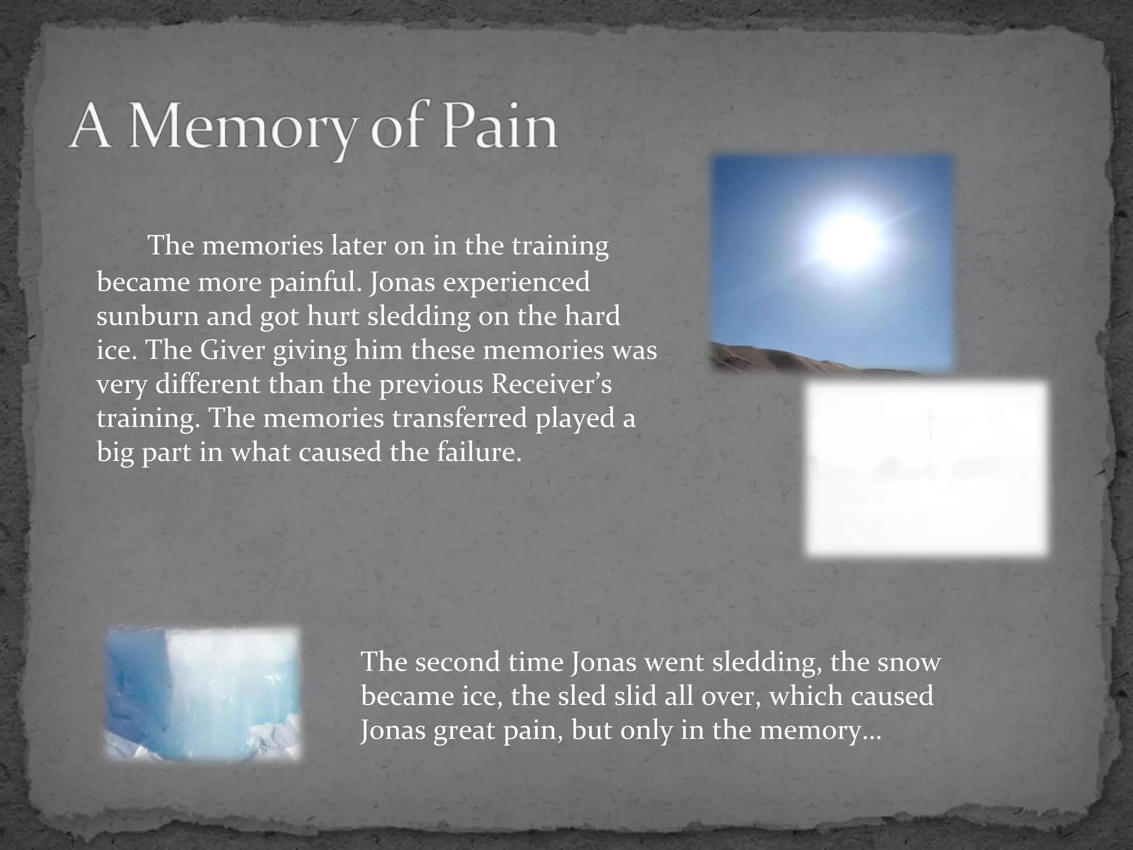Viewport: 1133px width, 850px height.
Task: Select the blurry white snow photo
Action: pos(926,468)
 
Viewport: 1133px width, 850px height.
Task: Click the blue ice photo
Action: pos(203,693)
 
